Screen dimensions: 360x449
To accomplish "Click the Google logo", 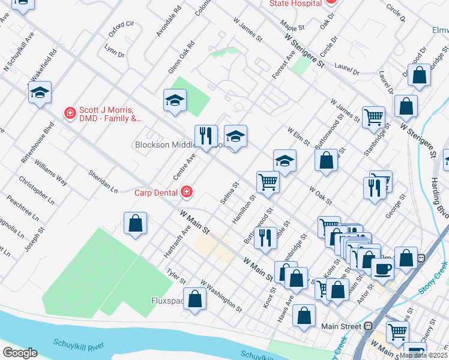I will coord(20,353).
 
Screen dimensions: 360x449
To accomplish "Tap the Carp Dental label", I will coord(155,193).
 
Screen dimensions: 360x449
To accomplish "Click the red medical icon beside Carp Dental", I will coord(187,192).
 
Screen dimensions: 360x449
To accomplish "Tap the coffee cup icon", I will coord(382,268).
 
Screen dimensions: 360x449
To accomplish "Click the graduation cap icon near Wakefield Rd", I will coord(40,92).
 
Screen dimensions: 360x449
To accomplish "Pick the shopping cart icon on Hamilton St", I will coord(268,181).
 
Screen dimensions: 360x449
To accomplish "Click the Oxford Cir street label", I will coord(121,28).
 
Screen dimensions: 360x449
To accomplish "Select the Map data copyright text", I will coord(424,355).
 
